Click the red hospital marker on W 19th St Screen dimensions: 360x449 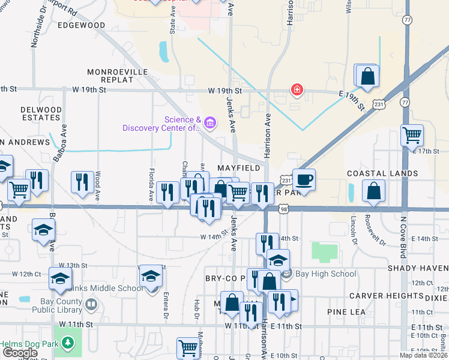click(x=296, y=91)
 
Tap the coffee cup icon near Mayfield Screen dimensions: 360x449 click(x=304, y=179)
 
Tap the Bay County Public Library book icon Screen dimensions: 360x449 click(x=91, y=305)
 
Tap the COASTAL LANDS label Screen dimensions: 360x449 click(x=382, y=173)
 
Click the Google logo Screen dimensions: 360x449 click(x=20, y=352)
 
